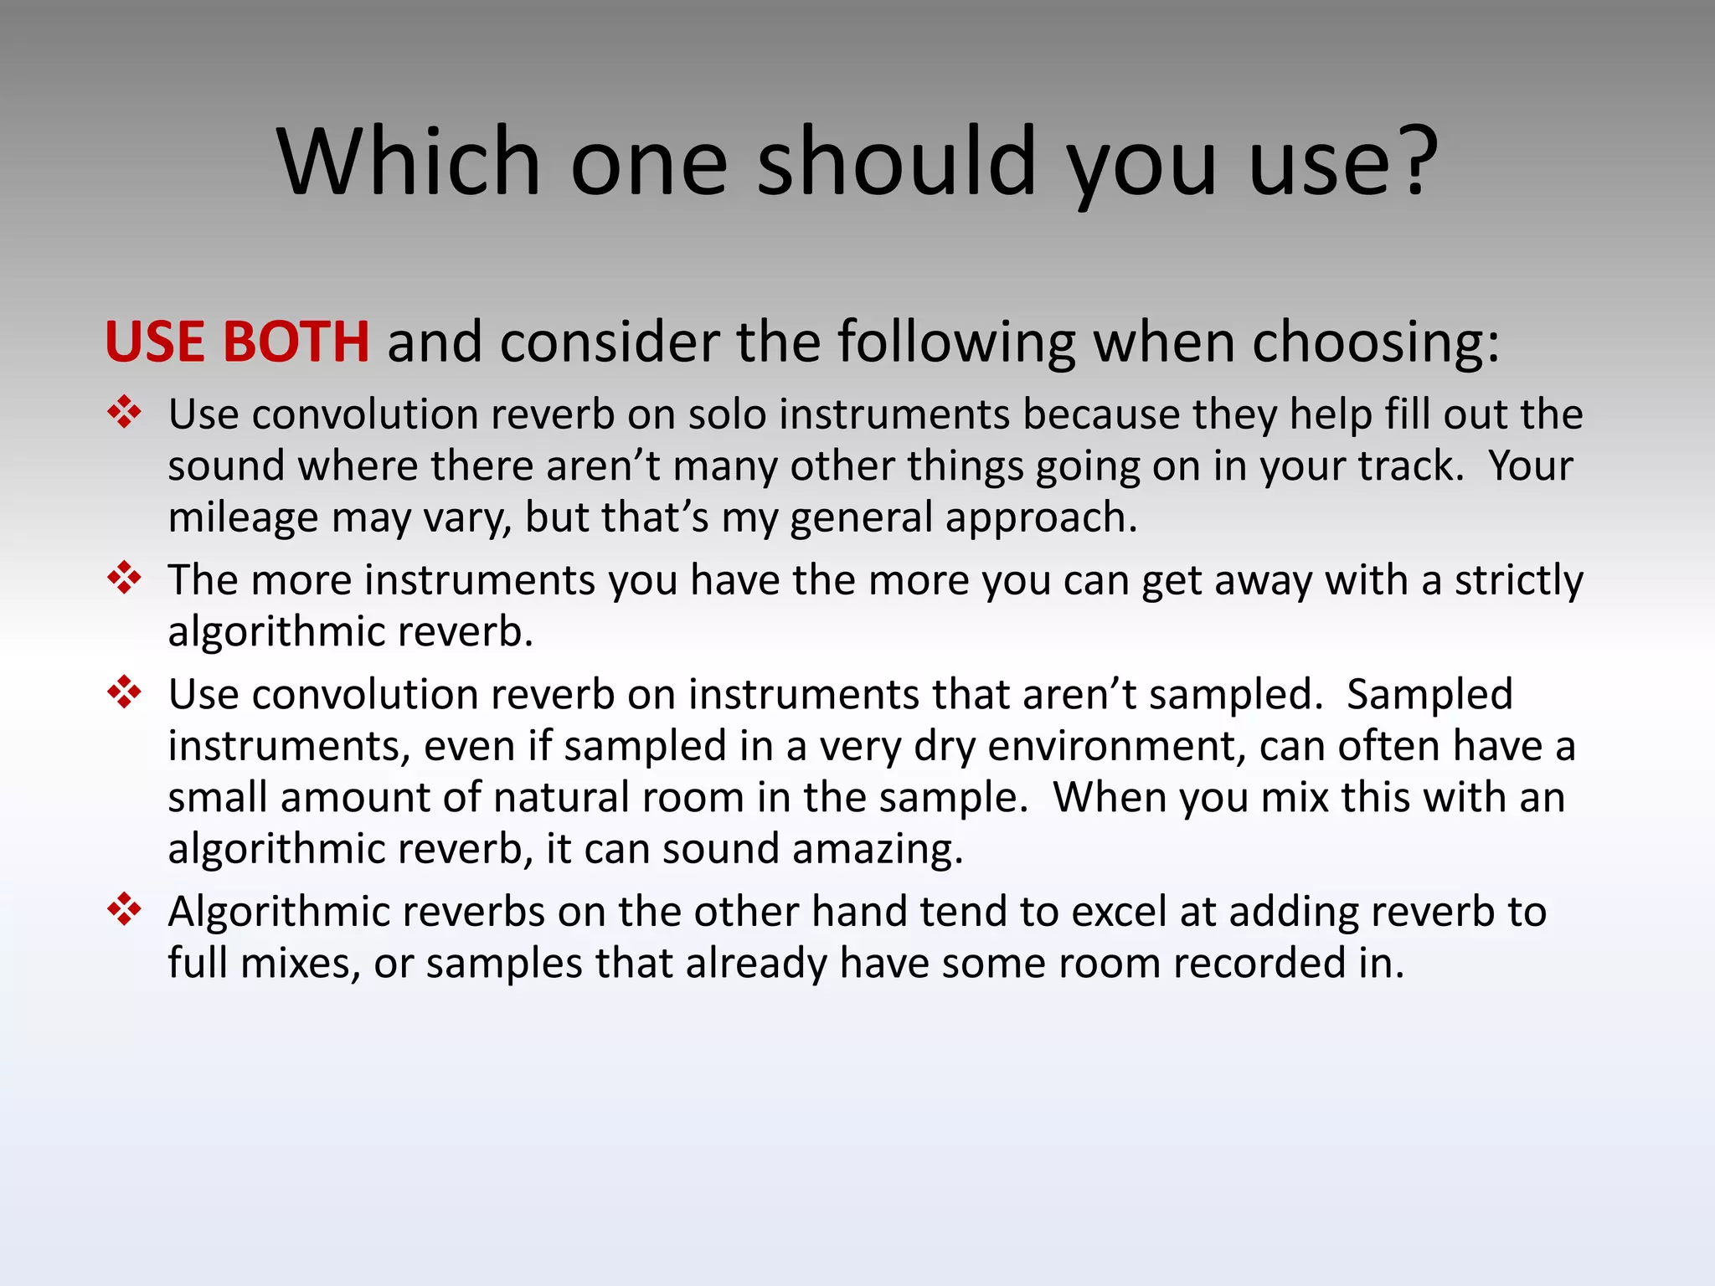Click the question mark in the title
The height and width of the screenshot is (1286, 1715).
coord(1415,161)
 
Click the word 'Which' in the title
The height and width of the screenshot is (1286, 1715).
coord(409,161)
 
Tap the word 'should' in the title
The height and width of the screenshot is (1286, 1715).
coord(896,161)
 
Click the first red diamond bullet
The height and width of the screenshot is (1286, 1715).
coord(124,413)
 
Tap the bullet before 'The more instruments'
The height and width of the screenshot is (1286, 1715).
coord(124,578)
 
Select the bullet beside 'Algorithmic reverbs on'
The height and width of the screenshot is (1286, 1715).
coord(124,909)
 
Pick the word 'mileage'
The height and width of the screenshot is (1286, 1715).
coord(243,518)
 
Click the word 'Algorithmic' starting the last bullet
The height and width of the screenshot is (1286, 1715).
coord(278,912)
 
